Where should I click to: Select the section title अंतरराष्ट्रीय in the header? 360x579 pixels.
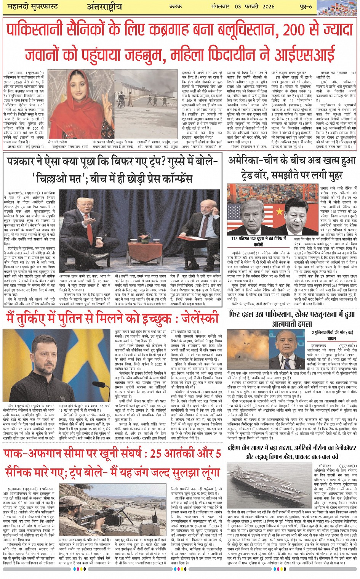(x=104, y=6)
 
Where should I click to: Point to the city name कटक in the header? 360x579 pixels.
(x=175, y=6)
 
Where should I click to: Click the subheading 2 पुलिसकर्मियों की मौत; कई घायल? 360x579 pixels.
(x=332, y=335)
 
